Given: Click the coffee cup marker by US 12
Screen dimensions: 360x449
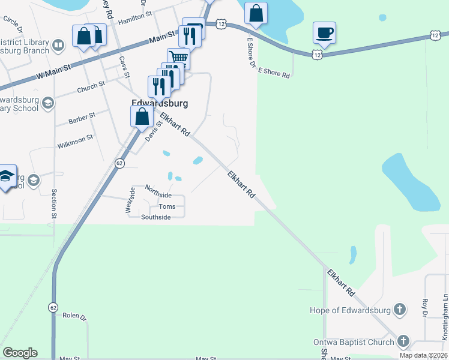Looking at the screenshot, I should pos(324,32).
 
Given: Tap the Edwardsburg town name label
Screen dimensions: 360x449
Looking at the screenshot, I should pos(160,103).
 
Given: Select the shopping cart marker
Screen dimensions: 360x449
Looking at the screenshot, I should pos(179,58).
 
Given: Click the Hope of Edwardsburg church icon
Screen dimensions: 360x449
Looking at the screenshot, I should pos(400,310).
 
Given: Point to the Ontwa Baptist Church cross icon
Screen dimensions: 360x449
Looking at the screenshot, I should pos(403,342).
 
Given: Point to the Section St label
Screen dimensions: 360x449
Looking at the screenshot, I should pos(54,203).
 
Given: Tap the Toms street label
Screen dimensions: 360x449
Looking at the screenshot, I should pos(167,206).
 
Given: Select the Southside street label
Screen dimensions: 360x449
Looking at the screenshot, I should pos(155,217).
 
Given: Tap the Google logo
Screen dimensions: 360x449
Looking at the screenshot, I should pos(20,353).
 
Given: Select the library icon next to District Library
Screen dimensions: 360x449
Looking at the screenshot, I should pos(58,45).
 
